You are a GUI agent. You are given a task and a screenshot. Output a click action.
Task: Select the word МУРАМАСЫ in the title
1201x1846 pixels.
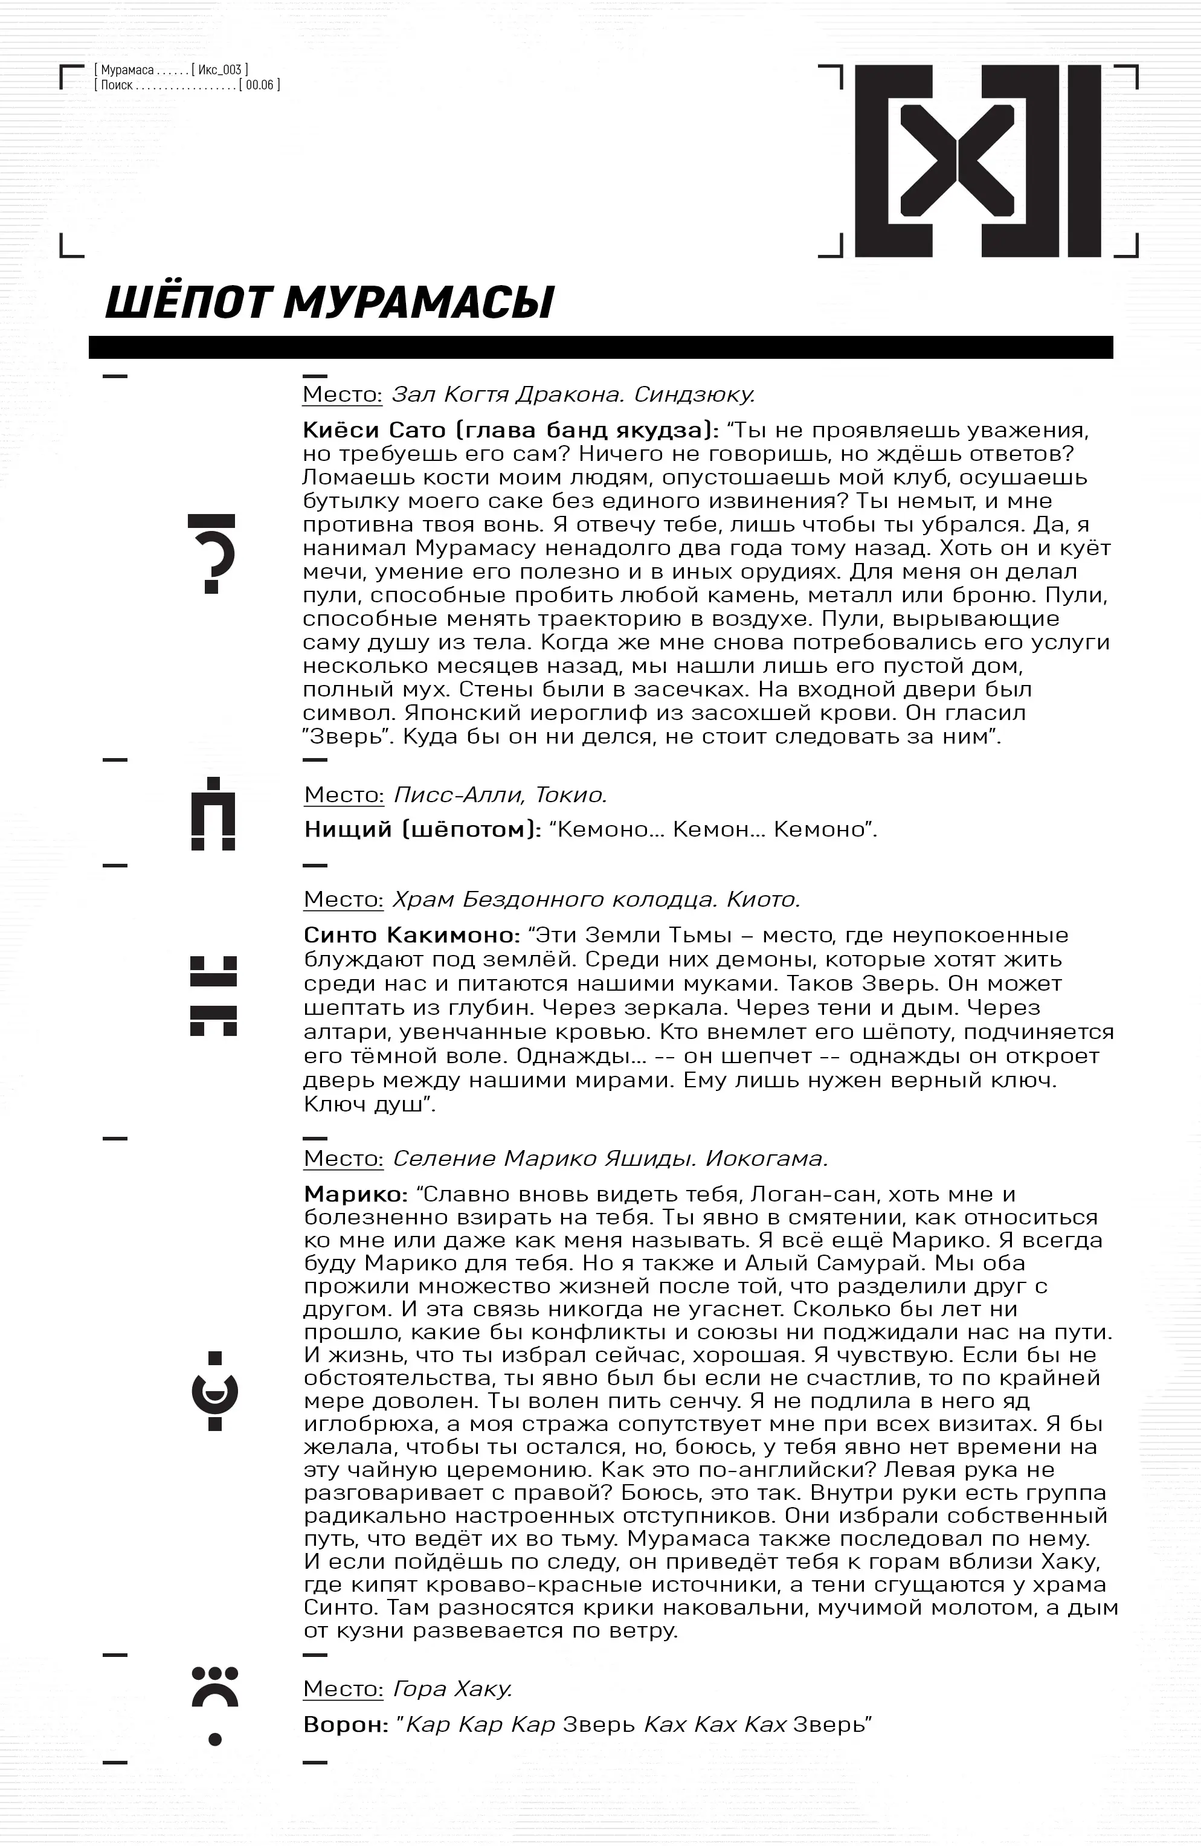[419, 303]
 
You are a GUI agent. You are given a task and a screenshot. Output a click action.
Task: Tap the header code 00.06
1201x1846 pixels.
[260, 85]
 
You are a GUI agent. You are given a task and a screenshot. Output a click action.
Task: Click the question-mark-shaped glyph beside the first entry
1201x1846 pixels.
[212, 554]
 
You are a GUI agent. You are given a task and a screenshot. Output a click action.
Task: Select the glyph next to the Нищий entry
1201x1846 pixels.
[213, 814]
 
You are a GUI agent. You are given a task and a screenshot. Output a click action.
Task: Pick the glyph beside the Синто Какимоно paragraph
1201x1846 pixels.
[213, 996]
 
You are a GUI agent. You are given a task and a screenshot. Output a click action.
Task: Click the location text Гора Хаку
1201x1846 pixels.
[452, 1688]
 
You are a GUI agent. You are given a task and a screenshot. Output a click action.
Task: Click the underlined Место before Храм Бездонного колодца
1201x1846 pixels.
[343, 899]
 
